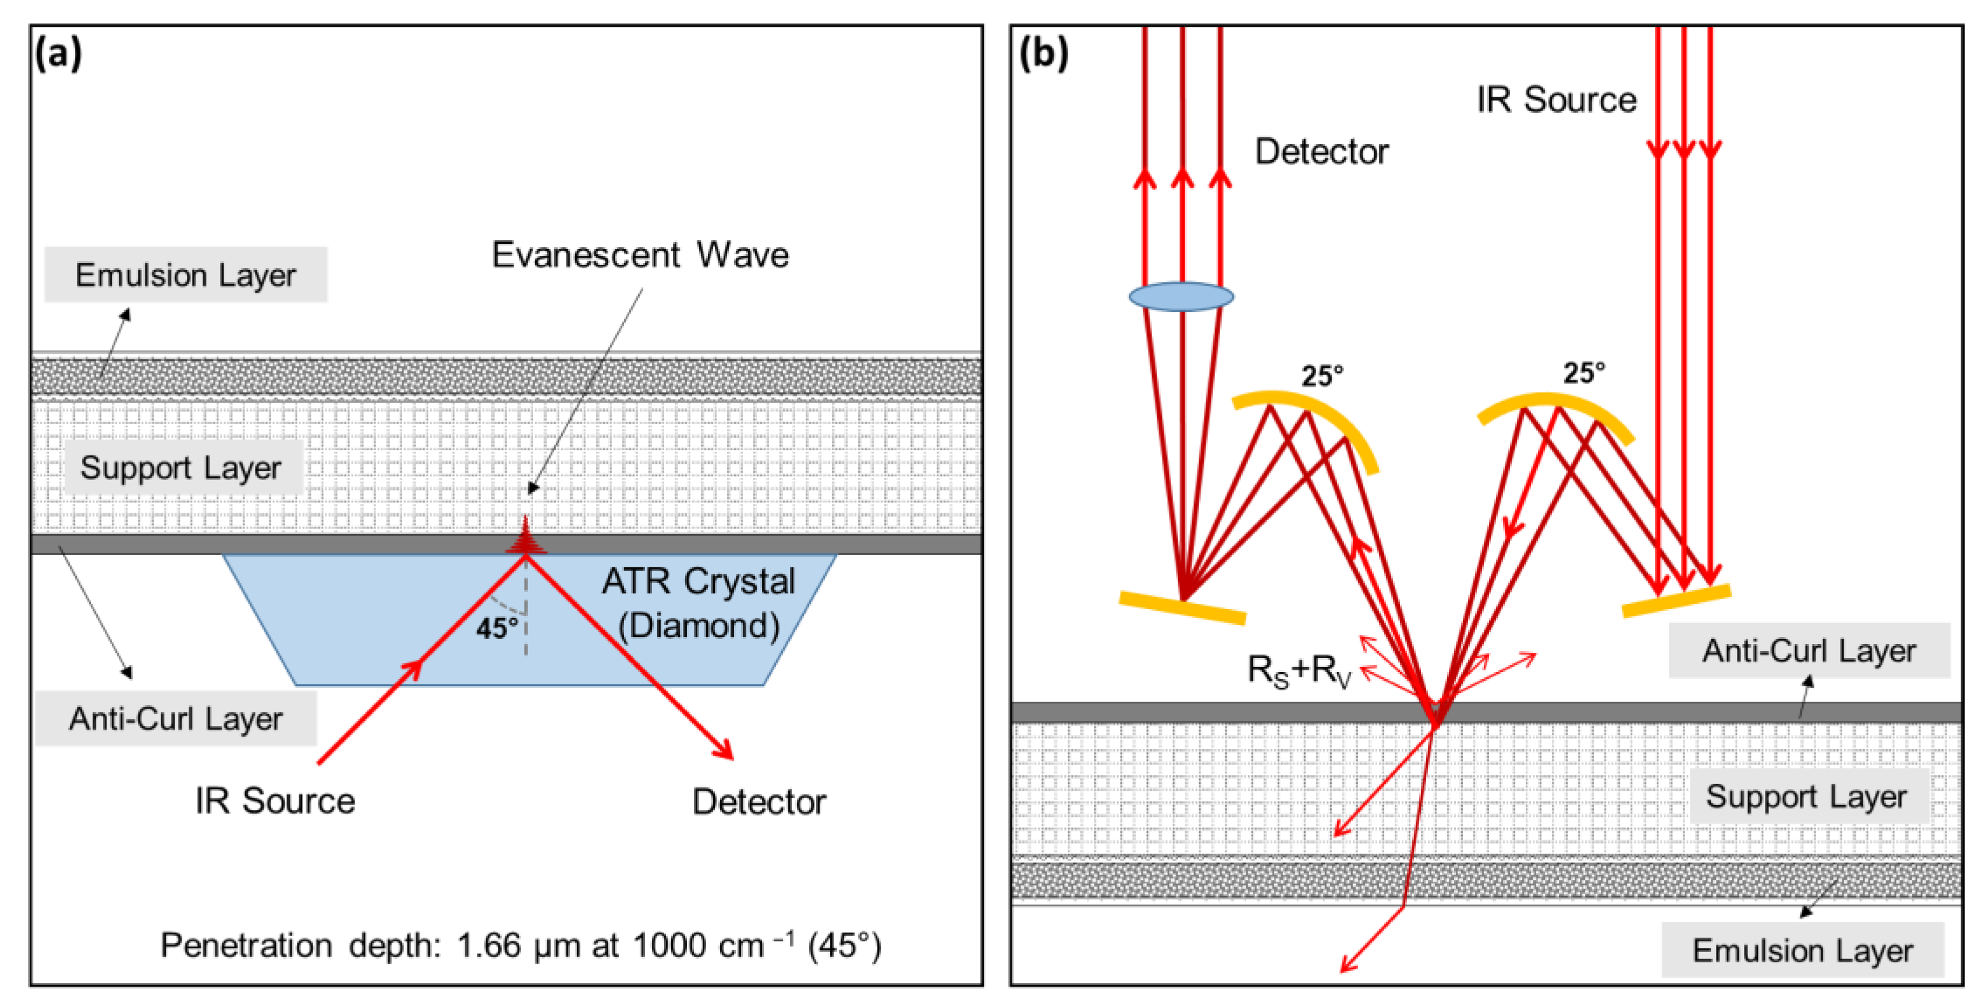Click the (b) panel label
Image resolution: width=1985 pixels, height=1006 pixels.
coord(1043,54)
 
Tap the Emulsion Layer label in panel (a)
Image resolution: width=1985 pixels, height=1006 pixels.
coord(186,275)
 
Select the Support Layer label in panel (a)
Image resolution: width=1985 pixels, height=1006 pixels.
coord(181,468)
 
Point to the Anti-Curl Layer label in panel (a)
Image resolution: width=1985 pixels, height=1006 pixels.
coord(176,719)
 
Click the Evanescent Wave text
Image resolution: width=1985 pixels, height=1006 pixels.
coord(640,254)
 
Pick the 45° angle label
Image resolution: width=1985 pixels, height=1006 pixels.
coord(497,628)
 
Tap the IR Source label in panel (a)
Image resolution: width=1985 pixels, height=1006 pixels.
coord(275,801)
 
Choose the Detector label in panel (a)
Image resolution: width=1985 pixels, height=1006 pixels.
coord(759,802)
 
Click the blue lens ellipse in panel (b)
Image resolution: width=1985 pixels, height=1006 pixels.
coord(1181,297)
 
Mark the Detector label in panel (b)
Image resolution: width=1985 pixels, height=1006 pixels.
coord(1323,151)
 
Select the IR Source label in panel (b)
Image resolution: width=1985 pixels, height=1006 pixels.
coord(1557,99)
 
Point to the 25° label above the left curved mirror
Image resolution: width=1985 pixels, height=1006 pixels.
coord(1323,376)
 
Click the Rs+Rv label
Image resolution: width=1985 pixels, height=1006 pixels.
coord(1300,670)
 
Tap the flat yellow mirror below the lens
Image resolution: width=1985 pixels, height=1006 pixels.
coord(1182,607)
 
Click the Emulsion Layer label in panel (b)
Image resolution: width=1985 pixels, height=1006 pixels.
coord(1802,951)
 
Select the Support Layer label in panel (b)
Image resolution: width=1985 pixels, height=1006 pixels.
coord(1806,797)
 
